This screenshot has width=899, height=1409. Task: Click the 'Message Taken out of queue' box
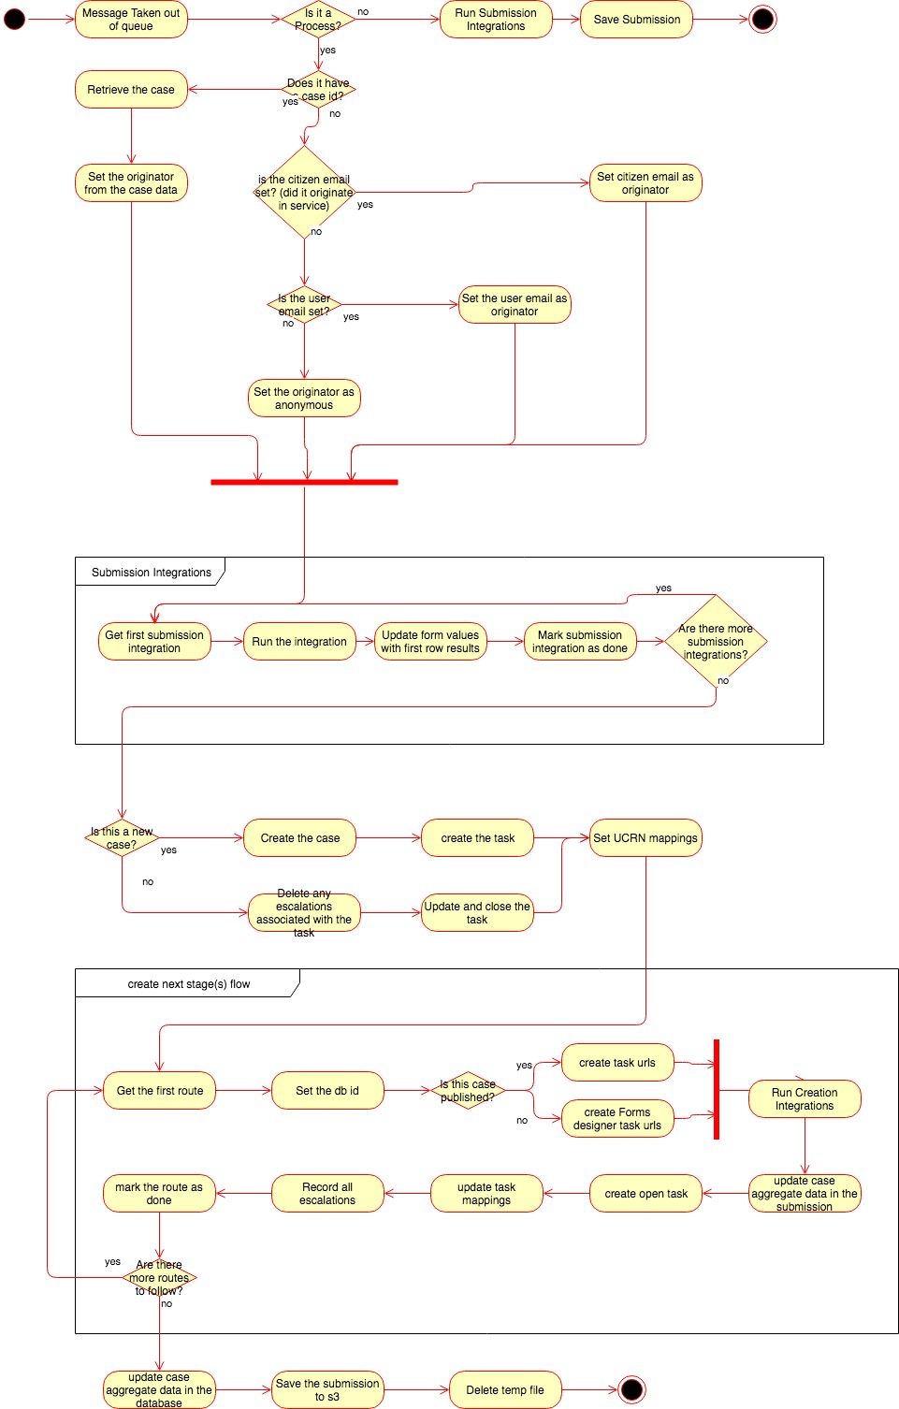point(131,20)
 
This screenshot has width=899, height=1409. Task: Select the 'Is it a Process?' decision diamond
point(318,20)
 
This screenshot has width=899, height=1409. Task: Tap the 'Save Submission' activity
point(636,20)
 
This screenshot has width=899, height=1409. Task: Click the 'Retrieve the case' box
point(131,90)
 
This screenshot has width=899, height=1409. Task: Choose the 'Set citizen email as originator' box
point(645,183)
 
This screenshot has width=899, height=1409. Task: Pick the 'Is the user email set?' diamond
point(304,305)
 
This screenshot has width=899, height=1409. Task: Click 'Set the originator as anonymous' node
point(304,399)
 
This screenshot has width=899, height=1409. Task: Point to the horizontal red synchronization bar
point(304,482)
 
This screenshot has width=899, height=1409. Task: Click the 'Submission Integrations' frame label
point(151,572)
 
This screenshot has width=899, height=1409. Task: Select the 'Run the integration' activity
point(299,642)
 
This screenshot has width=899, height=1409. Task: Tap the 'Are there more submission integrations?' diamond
point(716,642)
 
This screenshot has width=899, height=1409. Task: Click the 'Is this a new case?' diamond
point(122,837)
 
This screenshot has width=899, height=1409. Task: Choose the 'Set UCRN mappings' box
point(645,838)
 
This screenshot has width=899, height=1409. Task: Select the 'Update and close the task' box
point(477,913)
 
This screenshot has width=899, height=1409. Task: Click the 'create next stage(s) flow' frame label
point(188,983)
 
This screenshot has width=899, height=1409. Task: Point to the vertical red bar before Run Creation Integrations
point(717,1089)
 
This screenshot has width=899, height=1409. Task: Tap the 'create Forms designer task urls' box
point(617,1118)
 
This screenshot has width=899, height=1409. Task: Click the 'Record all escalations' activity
point(327,1194)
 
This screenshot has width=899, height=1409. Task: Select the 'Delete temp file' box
point(505,1390)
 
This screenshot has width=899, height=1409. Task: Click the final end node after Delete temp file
point(632,1389)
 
